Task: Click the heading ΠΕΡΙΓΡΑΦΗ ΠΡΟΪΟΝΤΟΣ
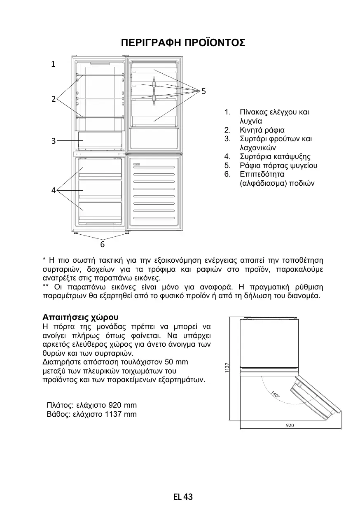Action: (x=183, y=43)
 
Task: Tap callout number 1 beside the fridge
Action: (x=53, y=64)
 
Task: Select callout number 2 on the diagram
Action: (x=53, y=99)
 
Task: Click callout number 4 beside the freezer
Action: (x=53, y=190)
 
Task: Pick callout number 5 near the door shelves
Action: (x=203, y=90)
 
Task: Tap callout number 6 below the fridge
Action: (x=103, y=245)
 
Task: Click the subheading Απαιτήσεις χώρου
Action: (x=80, y=317)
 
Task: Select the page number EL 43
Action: (x=183, y=497)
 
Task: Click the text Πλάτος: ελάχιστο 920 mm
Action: (x=92, y=405)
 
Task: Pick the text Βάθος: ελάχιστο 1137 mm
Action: (x=92, y=414)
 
